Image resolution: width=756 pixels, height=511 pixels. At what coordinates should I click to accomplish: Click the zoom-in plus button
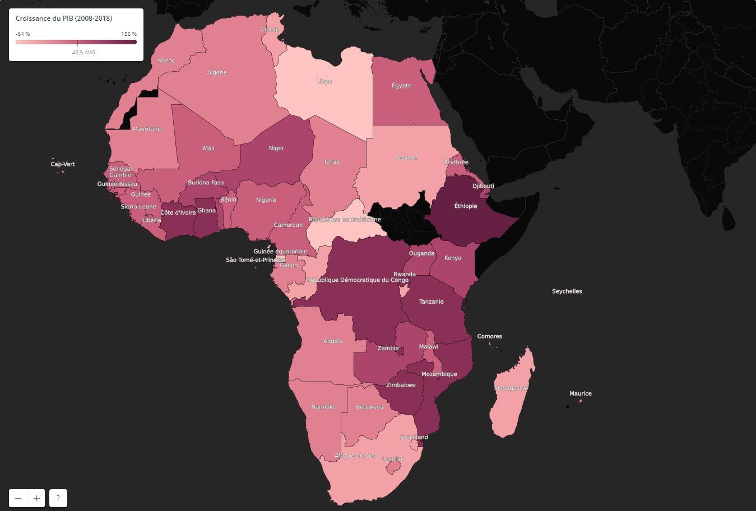pyautogui.click(x=36, y=498)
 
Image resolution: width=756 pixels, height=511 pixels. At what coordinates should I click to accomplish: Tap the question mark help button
pyautogui.click(x=58, y=498)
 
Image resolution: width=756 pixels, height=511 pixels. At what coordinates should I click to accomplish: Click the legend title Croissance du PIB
pyautogui.click(x=64, y=18)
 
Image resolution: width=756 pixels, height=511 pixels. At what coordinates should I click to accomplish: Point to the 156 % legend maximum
pyautogui.click(x=129, y=34)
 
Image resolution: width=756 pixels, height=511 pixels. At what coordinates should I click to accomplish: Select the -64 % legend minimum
pyautogui.click(x=23, y=34)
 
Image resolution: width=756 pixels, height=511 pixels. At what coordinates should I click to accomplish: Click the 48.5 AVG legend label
pyautogui.click(x=84, y=52)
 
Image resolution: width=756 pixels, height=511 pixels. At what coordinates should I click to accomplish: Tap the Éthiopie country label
pyautogui.click(x=466, y=206)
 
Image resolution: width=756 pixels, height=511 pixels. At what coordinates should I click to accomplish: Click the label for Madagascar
pyautogui.click(x=511, y=388)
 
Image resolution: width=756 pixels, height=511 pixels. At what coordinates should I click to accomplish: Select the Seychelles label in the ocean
pyautogui.click(x=567, y=291)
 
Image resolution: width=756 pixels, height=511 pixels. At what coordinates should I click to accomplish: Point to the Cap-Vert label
pyautogui.click(x=63, y=164)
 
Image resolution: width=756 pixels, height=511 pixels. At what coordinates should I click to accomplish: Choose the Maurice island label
pyautogui.click(x=581, y=393)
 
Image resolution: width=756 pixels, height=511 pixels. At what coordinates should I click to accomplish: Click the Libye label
pyautogui.click(x=324, y=81)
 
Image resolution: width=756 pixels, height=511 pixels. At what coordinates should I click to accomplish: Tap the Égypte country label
pyautogui.click(x=401, y=86)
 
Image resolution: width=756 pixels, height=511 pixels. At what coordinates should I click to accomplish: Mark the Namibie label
pyautogui.click(x=323, y=407)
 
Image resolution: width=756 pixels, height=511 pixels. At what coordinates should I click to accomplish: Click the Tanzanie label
pyautogui.click(x=432, y=301)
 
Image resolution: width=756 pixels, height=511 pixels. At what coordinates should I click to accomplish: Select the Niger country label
pyautogui.click(x=276, y=148)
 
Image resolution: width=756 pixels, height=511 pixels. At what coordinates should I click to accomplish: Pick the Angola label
pyautogui.click(x=333, y=341)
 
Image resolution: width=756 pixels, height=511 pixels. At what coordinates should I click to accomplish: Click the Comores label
pyautogui.click(x=489, y=336)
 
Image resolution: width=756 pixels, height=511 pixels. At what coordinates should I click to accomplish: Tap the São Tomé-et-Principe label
pyautogui.click(x=256, y=260)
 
